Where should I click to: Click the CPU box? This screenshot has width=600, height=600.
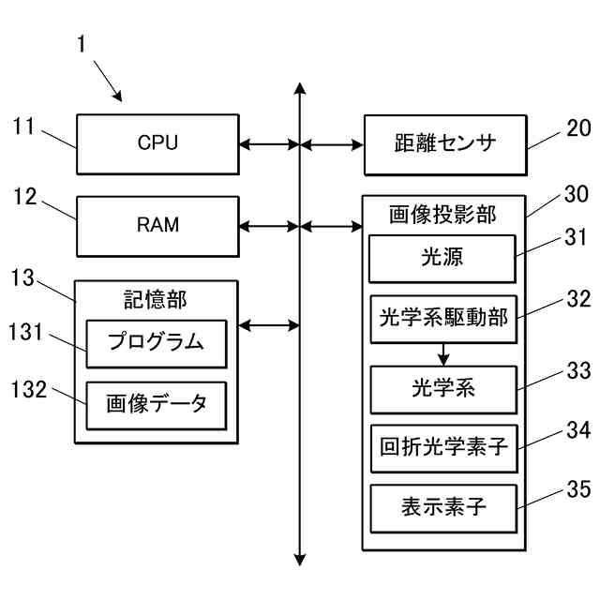[157, 144]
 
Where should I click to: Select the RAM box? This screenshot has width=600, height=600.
[157, 226]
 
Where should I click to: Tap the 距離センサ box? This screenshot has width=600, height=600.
[443, 145]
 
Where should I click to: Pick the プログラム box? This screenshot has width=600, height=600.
[157, 343]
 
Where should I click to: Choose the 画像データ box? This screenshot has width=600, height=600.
[157, 405]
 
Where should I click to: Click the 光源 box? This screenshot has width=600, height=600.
[442, 258]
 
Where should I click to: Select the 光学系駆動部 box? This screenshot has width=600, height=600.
[442, 319]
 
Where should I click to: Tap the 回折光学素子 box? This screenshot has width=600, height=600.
[442, 446]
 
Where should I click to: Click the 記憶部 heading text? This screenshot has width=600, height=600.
[156, 299]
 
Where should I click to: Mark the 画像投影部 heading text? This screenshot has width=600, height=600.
[442, 216]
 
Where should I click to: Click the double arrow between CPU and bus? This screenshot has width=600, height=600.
[269, 145]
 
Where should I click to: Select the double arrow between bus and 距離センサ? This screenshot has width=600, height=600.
[332, 145]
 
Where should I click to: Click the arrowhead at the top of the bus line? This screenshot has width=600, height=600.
[299, 90]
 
